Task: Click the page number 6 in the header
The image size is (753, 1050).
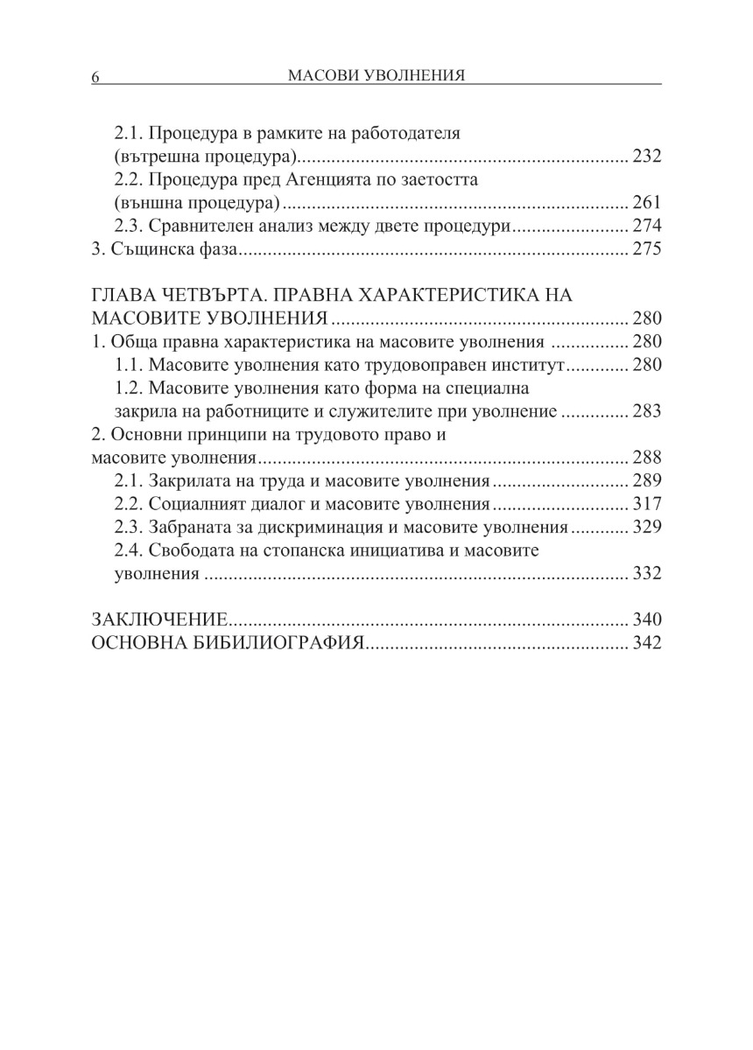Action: tap(95, 78)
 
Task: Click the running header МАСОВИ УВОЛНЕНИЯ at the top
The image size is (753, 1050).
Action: tap(376, 76)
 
